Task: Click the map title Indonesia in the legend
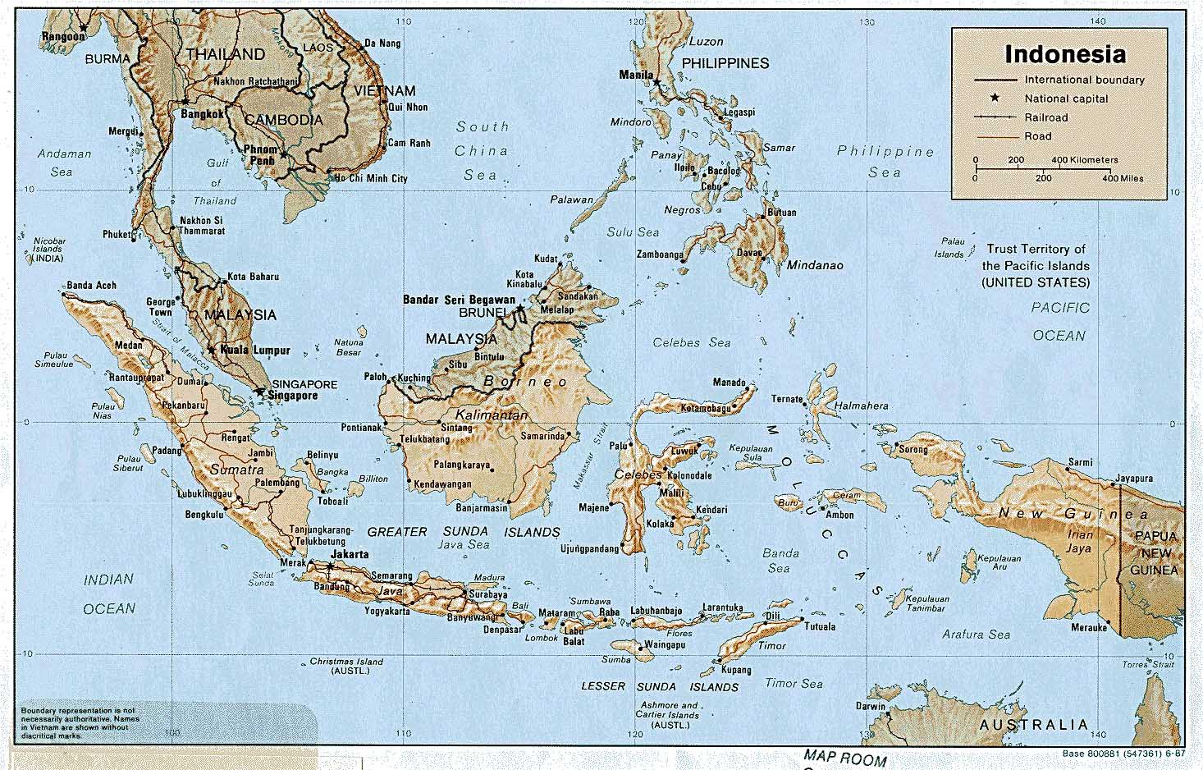click(x=1065, y=55)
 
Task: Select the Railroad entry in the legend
click(x=1045, y=117)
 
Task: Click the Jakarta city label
click(x=349, y=555)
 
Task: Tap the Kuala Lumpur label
click(x=255, y=351)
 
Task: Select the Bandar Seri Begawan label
click(x=459, y=300)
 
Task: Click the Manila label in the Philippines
click(x=636, y=75)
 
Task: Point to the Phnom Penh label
click(x=260, y=155)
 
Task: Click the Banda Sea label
click(x=780, y=561)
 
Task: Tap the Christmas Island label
click(x=346, y=666)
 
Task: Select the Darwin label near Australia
click(x=871, y=706)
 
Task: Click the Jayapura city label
click(x=1134, y=479)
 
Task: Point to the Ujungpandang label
click(x=588, y=548)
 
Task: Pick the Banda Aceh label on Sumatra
click(x=91, y=286)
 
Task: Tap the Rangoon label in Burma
click(x=63, y=36)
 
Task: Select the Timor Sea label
click(x=794, y=683)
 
